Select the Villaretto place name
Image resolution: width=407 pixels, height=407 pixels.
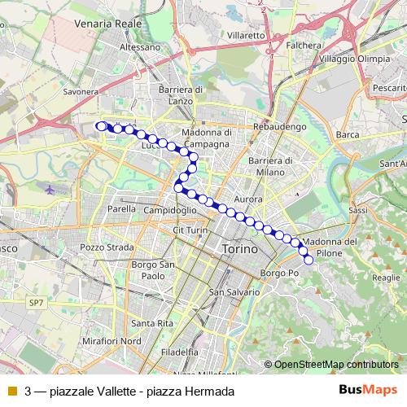pyautogui.click(x=246, y=36)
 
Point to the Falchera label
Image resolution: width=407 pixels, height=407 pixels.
pyautogui.click(x=304, y=46)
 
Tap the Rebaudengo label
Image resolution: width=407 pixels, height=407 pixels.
pyautogui.click(x=279, y=128)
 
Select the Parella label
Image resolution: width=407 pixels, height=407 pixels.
pyautogui.click(x=121, y=208)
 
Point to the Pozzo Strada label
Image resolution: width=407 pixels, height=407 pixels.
pyautogui.click(x=101, y=247)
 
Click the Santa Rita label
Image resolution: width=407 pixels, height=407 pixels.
pyautogui.click(x=152, y=323)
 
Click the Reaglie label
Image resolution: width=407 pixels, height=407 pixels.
pyautogui.click(x=383, y=278)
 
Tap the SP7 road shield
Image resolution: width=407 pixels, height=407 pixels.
pyautogui.click(x=36, y=303)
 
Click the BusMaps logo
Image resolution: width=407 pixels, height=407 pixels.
pyautogui.click(x=368, y=391)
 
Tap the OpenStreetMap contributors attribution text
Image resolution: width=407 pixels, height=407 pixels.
pyautogui.click(x=335, y=364)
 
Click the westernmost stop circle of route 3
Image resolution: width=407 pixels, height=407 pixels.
pyautogui.click(x=101, y=126)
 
